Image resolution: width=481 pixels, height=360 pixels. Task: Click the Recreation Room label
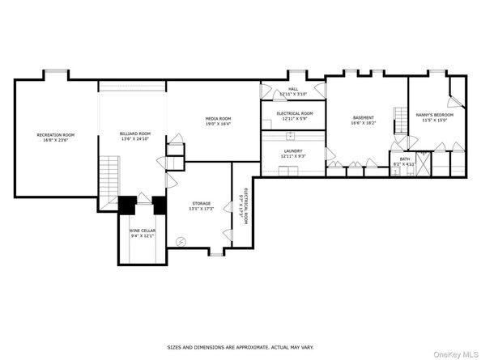pyautogui.click(x=56, y=134)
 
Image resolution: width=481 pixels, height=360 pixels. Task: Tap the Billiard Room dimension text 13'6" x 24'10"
pyautogui.click(x=136, y=138)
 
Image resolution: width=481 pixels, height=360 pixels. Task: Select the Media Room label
pyautogui.click(x=218, y=119)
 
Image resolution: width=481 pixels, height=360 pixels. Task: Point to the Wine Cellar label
pyautogui.click(x=142, y=231)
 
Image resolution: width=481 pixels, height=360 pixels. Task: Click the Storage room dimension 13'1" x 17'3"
pyautogui.click(x=201, y=209)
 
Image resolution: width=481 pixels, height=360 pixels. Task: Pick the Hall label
pyautogui.click(x=294, y=90)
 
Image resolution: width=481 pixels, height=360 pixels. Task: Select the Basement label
pyautogui.click(x=363, y=118)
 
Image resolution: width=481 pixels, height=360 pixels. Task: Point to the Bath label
pyautogui.click(x=404, y=159)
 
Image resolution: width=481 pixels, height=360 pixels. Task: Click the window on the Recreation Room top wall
pyautogui.click(x=56, y=72)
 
